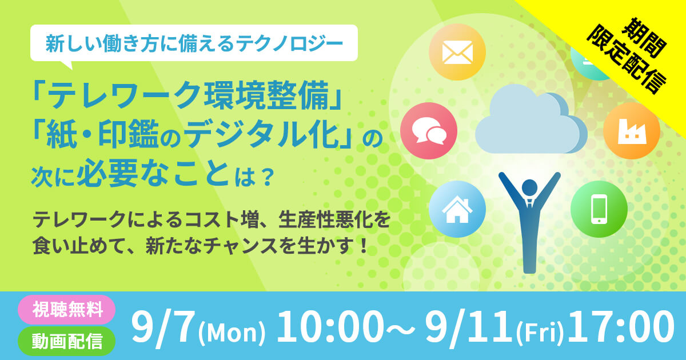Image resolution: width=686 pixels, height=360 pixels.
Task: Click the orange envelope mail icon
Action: coord(457,52)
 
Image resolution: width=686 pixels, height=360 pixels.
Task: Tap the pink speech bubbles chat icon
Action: coord(429,131)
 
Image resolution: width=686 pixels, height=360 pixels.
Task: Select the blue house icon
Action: coord(457,209)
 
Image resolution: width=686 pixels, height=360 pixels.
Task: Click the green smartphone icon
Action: coord(599,209)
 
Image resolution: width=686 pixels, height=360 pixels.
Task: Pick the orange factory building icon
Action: coord(632,131)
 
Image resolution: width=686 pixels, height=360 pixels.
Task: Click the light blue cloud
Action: coord(531,119)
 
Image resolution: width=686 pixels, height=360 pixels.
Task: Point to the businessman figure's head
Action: coord(529,187)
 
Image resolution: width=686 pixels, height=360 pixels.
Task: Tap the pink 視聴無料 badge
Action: coord(67,310)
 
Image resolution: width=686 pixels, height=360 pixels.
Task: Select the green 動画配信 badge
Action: coord(67,341)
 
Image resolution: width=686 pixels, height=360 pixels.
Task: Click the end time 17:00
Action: coord(621,327)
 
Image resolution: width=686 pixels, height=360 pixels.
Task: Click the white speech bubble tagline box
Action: coord(194,43)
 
